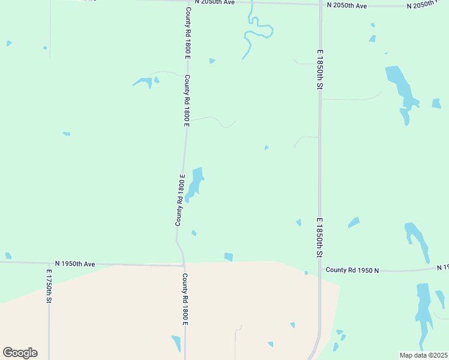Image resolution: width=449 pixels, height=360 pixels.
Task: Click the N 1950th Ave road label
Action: pos(75,263)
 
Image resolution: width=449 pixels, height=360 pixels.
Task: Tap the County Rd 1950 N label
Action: pos(353,270)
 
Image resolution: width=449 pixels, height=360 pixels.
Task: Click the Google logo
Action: pos(20,353)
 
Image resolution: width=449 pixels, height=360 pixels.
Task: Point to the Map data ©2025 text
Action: pos(423,355)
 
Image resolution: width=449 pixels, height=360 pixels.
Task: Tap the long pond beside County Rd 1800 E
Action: pos(194,184)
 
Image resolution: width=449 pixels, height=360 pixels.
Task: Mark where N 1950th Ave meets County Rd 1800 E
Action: pos(184,265)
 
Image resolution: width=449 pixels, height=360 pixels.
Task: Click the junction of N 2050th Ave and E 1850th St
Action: pos(319,5)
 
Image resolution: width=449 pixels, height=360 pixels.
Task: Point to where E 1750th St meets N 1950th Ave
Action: pos(49,262)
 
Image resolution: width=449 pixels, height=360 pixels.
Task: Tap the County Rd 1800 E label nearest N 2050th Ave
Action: pos(188,32)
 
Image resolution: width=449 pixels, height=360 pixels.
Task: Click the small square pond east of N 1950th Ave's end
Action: pos(229,257)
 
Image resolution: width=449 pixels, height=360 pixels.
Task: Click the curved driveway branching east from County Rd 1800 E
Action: pos(216,121)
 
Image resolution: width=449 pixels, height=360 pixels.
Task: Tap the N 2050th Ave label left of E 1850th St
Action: pos(346,5)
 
